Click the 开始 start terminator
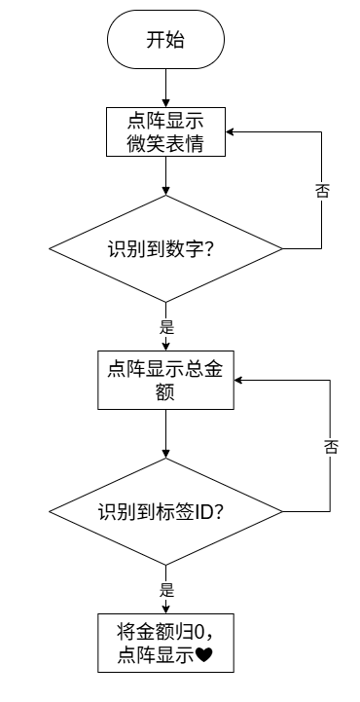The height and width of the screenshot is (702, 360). (x=165, y=39)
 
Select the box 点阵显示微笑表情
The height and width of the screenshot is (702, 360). (x=165, y=131)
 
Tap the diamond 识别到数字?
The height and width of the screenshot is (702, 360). (x=165, y=248)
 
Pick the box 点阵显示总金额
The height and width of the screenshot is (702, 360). (x=166, y=380)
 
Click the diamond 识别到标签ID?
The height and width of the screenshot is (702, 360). (x=165, y=511)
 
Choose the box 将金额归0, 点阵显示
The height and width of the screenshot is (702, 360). (x=166, y=643)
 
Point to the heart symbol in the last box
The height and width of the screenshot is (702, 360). (x=204, y=656)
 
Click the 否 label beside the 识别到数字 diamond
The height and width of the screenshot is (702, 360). (x=322, y=190)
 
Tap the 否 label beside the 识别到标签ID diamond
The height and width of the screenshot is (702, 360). (x=331, y=446)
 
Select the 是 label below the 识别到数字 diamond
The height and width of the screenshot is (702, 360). (x=166, y=328)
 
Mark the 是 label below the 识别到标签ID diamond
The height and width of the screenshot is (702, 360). (x=166, y=591)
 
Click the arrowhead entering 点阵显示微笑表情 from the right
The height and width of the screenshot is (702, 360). (x=230, y=131)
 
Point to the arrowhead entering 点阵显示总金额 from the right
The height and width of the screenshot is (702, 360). (x=238, y=380)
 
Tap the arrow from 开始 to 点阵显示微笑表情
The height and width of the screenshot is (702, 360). (x=166, y=88)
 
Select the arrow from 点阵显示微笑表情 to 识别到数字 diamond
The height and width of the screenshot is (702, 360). (x=166, y=175)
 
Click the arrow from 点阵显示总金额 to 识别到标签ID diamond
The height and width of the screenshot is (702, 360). (x=166, y=433)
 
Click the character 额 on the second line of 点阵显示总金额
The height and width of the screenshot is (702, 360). (x=166, y=392)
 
